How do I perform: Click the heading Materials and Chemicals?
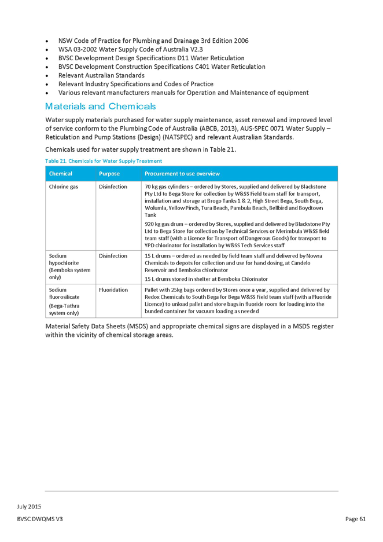(x=101, y=107)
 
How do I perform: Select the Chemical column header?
(x=60, y=174)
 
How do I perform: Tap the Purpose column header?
(x=109, y=174)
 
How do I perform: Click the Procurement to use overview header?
(x=182, y=174)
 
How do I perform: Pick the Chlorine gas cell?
(x=64, y=186)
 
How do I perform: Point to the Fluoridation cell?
(x=113, y=290)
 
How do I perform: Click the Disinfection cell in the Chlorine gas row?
(x=113, y=186)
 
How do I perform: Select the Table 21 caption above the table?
(x=104, y=161)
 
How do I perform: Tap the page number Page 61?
(x=355, y=518)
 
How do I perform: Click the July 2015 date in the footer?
(x=29, y=507)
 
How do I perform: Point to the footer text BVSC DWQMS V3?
(x=40, y=518)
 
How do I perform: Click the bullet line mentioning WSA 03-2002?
(x=131, y=49)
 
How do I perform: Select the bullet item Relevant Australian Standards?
(x=101, y=75)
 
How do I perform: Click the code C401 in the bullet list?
(x=202, y=67)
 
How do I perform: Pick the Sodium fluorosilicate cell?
(x=64, y=293)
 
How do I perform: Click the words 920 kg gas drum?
(x=164, y=224)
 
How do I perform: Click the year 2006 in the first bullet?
(x=241, y=41)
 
